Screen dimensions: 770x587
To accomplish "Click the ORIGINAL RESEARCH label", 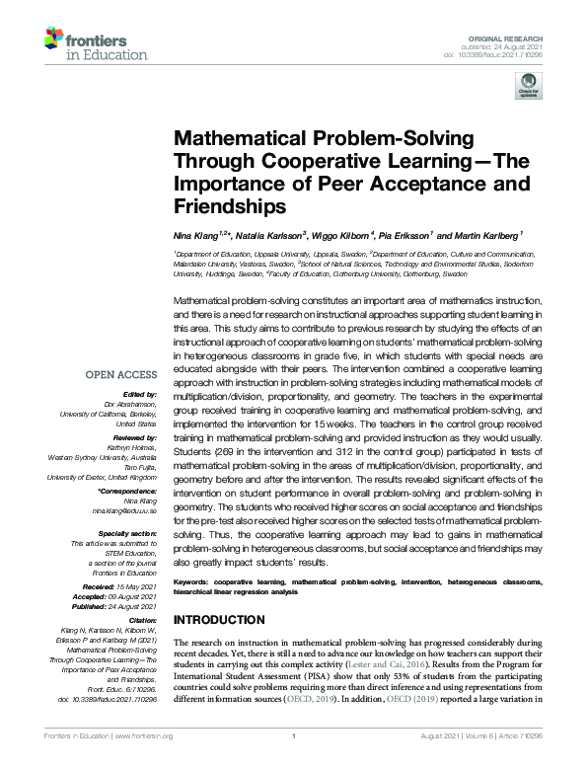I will (520, 36).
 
